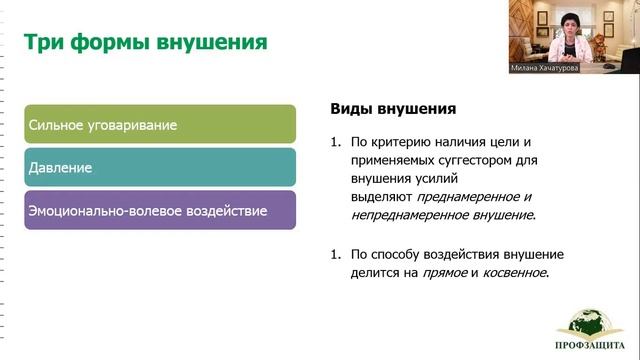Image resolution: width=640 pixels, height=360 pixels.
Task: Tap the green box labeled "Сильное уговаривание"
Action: [x=160, y=125]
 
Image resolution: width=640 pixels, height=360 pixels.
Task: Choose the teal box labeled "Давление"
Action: [x=160, y=168]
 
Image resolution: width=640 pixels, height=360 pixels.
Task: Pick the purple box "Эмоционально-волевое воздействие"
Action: [x=160, y=211]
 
